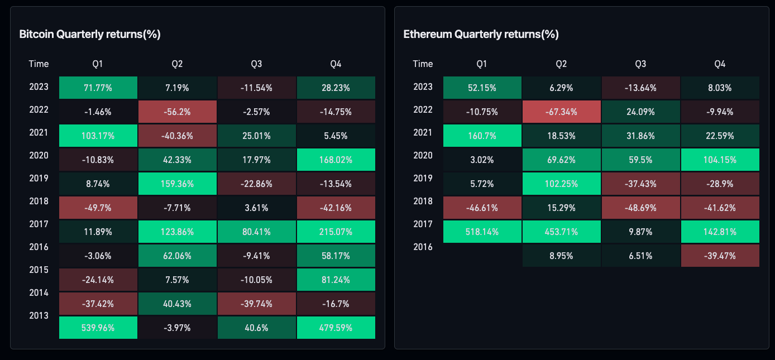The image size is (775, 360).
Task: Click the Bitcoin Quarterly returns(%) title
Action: coord(90,34)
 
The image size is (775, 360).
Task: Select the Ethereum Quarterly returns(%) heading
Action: coord(481,34)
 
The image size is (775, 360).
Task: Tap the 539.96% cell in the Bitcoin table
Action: coord(98,328)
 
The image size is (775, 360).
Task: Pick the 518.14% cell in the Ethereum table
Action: coord(482,232)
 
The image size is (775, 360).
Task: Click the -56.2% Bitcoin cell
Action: coord(178,112)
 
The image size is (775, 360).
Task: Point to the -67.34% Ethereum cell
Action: coord(562,112)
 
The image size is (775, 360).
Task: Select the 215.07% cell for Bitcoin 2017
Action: coord(336,232)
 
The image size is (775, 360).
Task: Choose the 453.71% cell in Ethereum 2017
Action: coord(562,232)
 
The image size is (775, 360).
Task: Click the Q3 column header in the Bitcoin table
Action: coord(256,64)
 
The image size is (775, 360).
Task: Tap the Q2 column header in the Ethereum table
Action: coord(561,64)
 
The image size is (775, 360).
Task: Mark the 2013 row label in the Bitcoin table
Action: coord(39,315)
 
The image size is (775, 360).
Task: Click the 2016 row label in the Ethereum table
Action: coord(423,247)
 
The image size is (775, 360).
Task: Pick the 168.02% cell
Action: coord(336,160)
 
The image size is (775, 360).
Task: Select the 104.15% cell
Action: coord(720,160)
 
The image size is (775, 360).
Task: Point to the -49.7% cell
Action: coord(98,208)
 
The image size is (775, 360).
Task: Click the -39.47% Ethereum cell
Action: coord(720,256)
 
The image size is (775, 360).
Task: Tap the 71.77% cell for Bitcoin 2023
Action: coord(98,88)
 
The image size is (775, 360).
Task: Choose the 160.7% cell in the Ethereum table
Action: coord(482,136)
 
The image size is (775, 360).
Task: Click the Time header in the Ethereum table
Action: coord(423,64)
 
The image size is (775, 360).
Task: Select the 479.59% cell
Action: coord(336,328)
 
